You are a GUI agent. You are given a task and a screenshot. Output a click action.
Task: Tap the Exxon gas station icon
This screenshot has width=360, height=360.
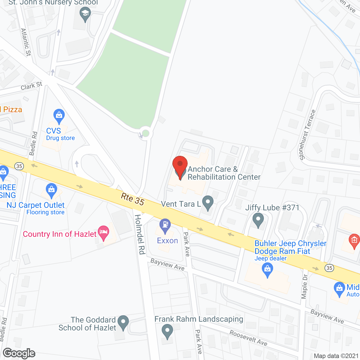165,226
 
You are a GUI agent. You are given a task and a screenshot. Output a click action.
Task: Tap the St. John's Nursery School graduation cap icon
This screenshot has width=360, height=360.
85,14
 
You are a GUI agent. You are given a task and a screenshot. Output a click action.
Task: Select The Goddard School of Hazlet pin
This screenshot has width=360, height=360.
123,322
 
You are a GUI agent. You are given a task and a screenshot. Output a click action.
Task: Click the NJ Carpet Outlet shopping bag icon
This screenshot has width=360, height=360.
51,190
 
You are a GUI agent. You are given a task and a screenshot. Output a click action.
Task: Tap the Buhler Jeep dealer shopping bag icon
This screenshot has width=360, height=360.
267,270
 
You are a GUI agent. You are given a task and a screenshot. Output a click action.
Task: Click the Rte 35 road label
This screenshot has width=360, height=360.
132,199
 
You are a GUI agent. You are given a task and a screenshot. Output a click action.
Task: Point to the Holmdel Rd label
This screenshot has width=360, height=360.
140,234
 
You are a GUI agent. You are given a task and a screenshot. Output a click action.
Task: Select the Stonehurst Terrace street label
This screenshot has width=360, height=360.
307,135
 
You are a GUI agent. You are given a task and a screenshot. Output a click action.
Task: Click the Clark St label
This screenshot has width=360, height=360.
31,86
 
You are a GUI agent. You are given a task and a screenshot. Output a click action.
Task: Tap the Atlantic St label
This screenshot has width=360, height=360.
26,42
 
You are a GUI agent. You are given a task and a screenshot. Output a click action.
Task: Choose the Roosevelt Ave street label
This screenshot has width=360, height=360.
248,337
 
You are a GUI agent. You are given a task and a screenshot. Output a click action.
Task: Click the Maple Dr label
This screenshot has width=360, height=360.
305,286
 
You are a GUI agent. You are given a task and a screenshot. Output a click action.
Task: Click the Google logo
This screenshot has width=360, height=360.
19,353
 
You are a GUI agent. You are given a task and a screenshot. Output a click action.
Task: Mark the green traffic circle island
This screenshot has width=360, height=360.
146,133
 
